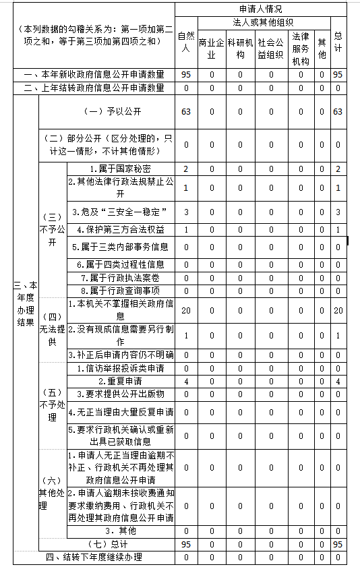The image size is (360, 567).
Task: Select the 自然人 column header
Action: (186, 42)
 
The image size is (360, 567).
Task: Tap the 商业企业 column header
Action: (211, 49)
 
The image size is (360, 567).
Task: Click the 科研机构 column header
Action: (240, 49)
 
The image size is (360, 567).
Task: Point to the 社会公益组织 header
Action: (271, 49)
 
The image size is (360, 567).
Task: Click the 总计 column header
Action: (338, 42)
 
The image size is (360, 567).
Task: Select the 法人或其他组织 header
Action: (258, 22)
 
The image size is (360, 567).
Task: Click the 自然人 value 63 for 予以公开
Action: (186, 111)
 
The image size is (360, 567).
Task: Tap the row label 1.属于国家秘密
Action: (121, 168)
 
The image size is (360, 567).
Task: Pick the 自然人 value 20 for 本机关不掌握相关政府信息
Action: (186, 310)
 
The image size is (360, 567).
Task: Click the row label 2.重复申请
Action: (121, 382)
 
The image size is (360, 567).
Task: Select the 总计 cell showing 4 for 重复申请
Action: (338, 382)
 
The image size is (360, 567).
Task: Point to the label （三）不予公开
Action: (52, 229)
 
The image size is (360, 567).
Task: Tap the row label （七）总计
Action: (108, 543)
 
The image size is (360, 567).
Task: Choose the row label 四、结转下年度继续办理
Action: (94, 557)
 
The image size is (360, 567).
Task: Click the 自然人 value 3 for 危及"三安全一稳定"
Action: (186, 212)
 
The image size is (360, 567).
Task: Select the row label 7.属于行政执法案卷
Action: (121, 277)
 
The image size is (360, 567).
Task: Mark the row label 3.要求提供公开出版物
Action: (121, 393)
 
